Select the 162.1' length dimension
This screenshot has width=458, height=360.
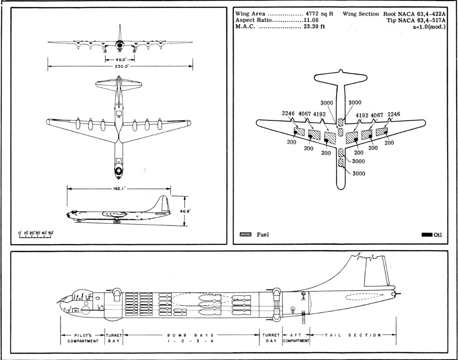pos(119,188)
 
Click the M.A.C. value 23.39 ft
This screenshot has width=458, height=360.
pos(315,27)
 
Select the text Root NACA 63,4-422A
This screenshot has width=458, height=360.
pos(416,14)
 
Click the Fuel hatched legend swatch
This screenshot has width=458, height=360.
pos(246,235)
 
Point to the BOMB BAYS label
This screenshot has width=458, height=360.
pos(183,335)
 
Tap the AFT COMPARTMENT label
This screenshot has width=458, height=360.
pos(296,338)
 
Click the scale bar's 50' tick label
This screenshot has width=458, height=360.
pos(51,233)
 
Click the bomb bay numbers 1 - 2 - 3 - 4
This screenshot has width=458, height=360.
pos(183,341)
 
